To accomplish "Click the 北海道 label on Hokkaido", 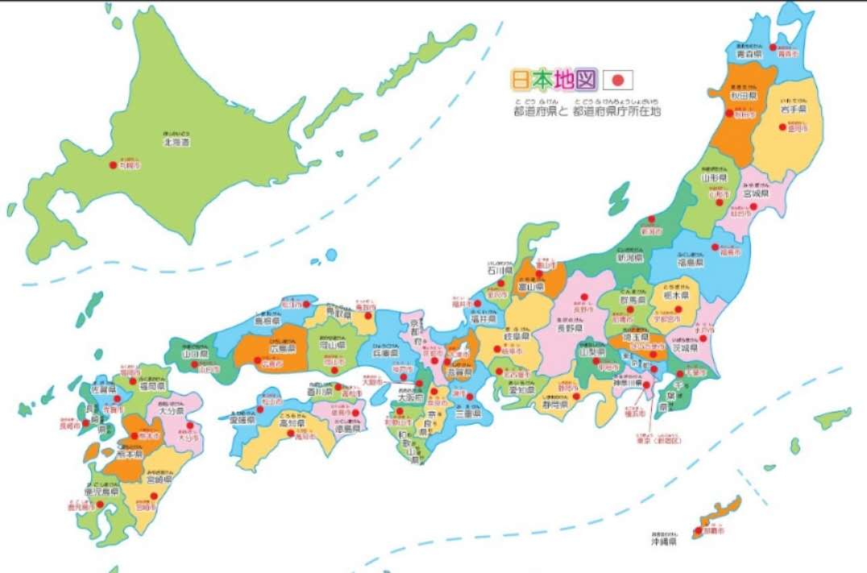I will point(174,141).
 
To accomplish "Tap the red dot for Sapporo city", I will point(113,165).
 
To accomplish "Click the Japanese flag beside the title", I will point(618,79).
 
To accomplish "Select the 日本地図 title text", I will point(554,79).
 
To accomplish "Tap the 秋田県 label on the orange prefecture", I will point(741,95).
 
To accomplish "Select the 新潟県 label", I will point(629,259).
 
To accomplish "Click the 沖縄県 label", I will point(664,542).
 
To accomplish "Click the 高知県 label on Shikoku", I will point(292,422).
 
